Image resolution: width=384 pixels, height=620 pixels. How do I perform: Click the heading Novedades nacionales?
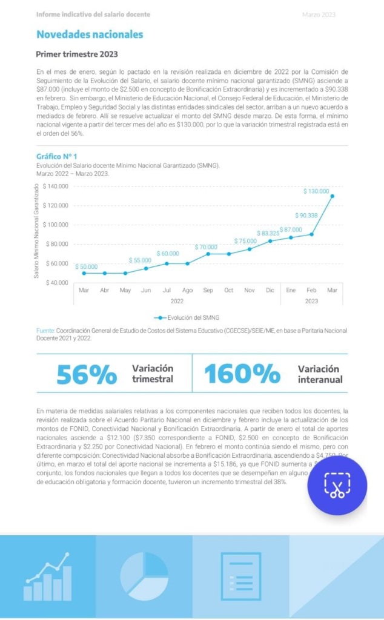(x=90, y=35)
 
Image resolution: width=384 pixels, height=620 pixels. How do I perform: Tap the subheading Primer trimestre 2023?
(x=77, y=54)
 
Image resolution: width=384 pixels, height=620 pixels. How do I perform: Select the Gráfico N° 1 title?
(x=57, y=156)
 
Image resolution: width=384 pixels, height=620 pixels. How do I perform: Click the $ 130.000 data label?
(x=316, y=191)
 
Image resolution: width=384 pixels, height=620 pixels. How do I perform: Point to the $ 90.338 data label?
(x=306, y=216)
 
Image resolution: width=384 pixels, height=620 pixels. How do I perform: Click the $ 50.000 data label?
(x=86, y=266)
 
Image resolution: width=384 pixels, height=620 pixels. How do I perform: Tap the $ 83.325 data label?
(x=268, y=233)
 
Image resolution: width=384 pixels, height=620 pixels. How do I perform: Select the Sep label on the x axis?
(x=208, y=291)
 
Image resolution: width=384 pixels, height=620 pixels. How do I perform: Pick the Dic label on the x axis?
(x=270, y=291)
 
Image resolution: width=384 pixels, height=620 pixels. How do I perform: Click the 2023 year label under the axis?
(x=311, y=301)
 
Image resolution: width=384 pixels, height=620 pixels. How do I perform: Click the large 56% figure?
(x=87, y=375)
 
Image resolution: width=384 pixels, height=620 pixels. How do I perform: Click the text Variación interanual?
(x=320, y=374)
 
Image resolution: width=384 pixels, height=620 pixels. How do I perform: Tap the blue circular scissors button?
(x=336, y=486)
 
